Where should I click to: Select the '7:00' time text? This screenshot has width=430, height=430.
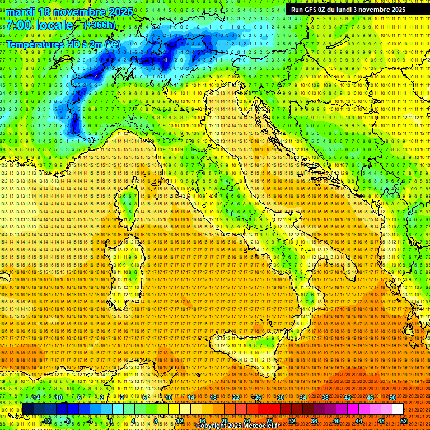pyautogui.click(x=18, y=25)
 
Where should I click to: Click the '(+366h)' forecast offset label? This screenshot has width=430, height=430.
pyautogui.click(x=100, y=25)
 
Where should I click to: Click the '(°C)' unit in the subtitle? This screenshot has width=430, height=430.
pyautogui.click(x=112, y=44)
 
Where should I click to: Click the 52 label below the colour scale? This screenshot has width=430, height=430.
pyautogui.click(x=404, y=421)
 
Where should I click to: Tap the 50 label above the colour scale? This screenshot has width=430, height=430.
pyautogui.click(x=392, y=398)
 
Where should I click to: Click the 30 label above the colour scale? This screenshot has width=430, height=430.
pyautogui.click(x=280, y=398)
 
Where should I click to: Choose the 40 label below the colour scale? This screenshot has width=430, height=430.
pyautogui.click(x=336, y=421)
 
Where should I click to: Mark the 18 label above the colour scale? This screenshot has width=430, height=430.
pyautogui.click(x=213, y=398)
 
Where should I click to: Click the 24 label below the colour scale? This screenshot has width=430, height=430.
pyautogui.click(x=247, y=421)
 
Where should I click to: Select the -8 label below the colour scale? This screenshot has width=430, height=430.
pyautogui.click(x=67, y=421)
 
